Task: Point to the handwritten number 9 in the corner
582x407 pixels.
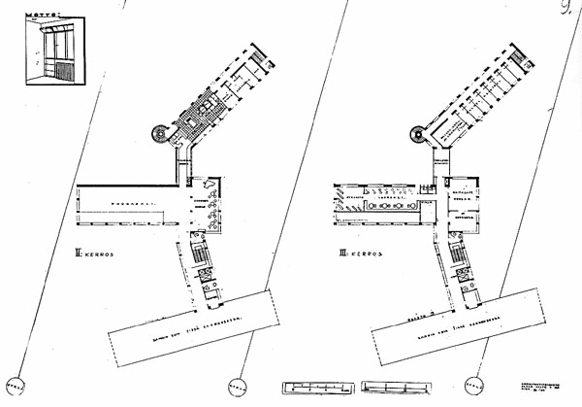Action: point(565,12)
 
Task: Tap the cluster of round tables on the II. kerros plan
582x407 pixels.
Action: point(205,209)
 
